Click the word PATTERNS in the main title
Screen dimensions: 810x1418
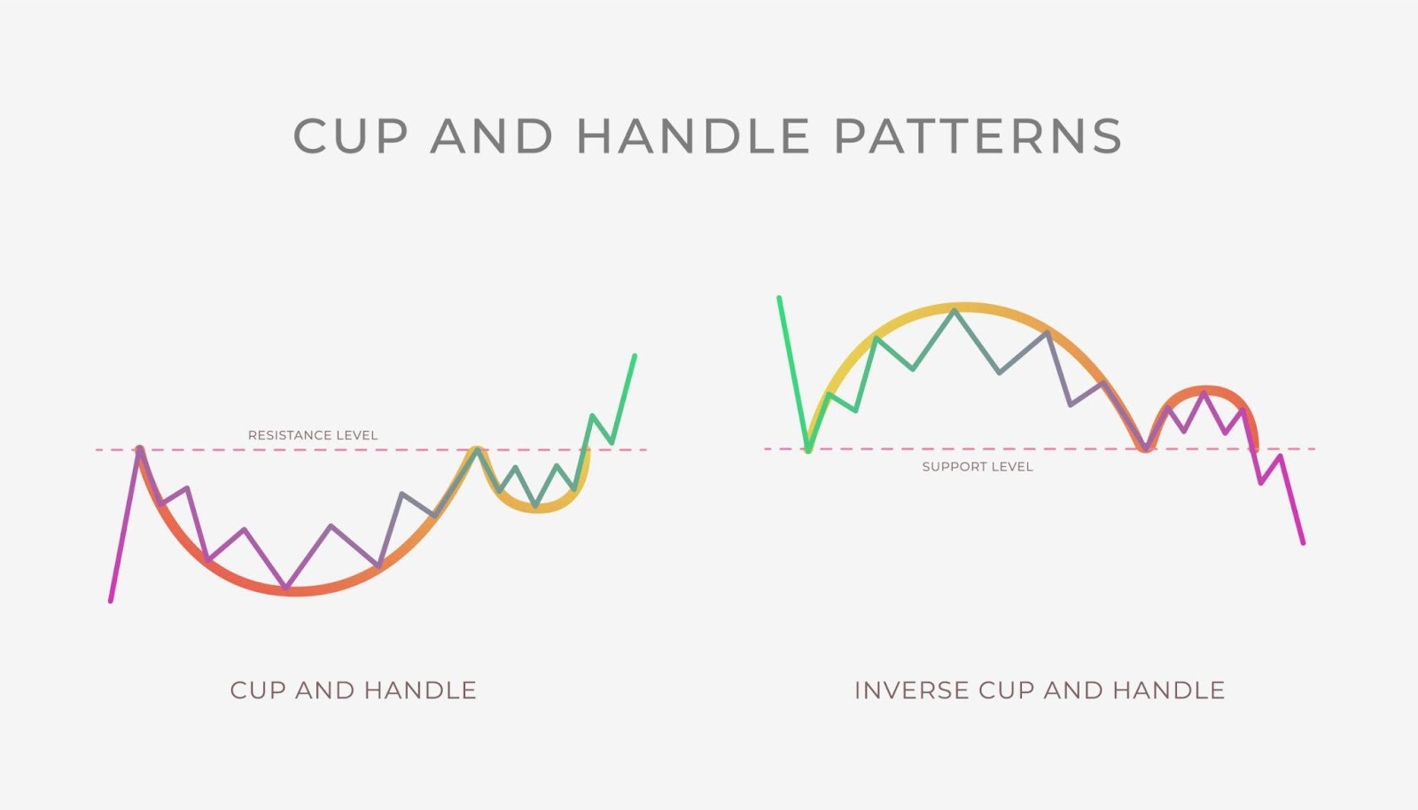pos(978,136)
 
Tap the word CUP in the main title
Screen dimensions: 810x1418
pos(351,136)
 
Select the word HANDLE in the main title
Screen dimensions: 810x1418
pos(693,136)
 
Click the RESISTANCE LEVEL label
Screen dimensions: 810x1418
pos(313,435)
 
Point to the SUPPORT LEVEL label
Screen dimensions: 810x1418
pos(978,466)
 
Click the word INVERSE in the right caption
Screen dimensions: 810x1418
pos(911,690)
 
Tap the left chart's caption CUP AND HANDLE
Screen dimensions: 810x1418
pos(353,690)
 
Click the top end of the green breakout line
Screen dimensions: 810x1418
pos(635,355)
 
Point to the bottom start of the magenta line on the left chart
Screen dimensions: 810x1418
pos(111,601)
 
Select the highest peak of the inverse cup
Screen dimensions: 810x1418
pos(955,309)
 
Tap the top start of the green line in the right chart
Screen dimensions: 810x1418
pos(779,298)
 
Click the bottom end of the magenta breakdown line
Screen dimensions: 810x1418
pos(1303,542)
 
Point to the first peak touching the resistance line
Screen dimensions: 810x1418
pos(139,448)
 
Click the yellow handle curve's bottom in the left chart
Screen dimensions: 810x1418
pos(536,508)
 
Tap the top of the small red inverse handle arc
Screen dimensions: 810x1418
pos(1204,389)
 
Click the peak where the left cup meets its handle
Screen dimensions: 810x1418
pos(477,448)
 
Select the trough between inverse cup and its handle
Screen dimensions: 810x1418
pos(1146,449)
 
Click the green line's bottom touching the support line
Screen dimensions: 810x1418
pos(808,450)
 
